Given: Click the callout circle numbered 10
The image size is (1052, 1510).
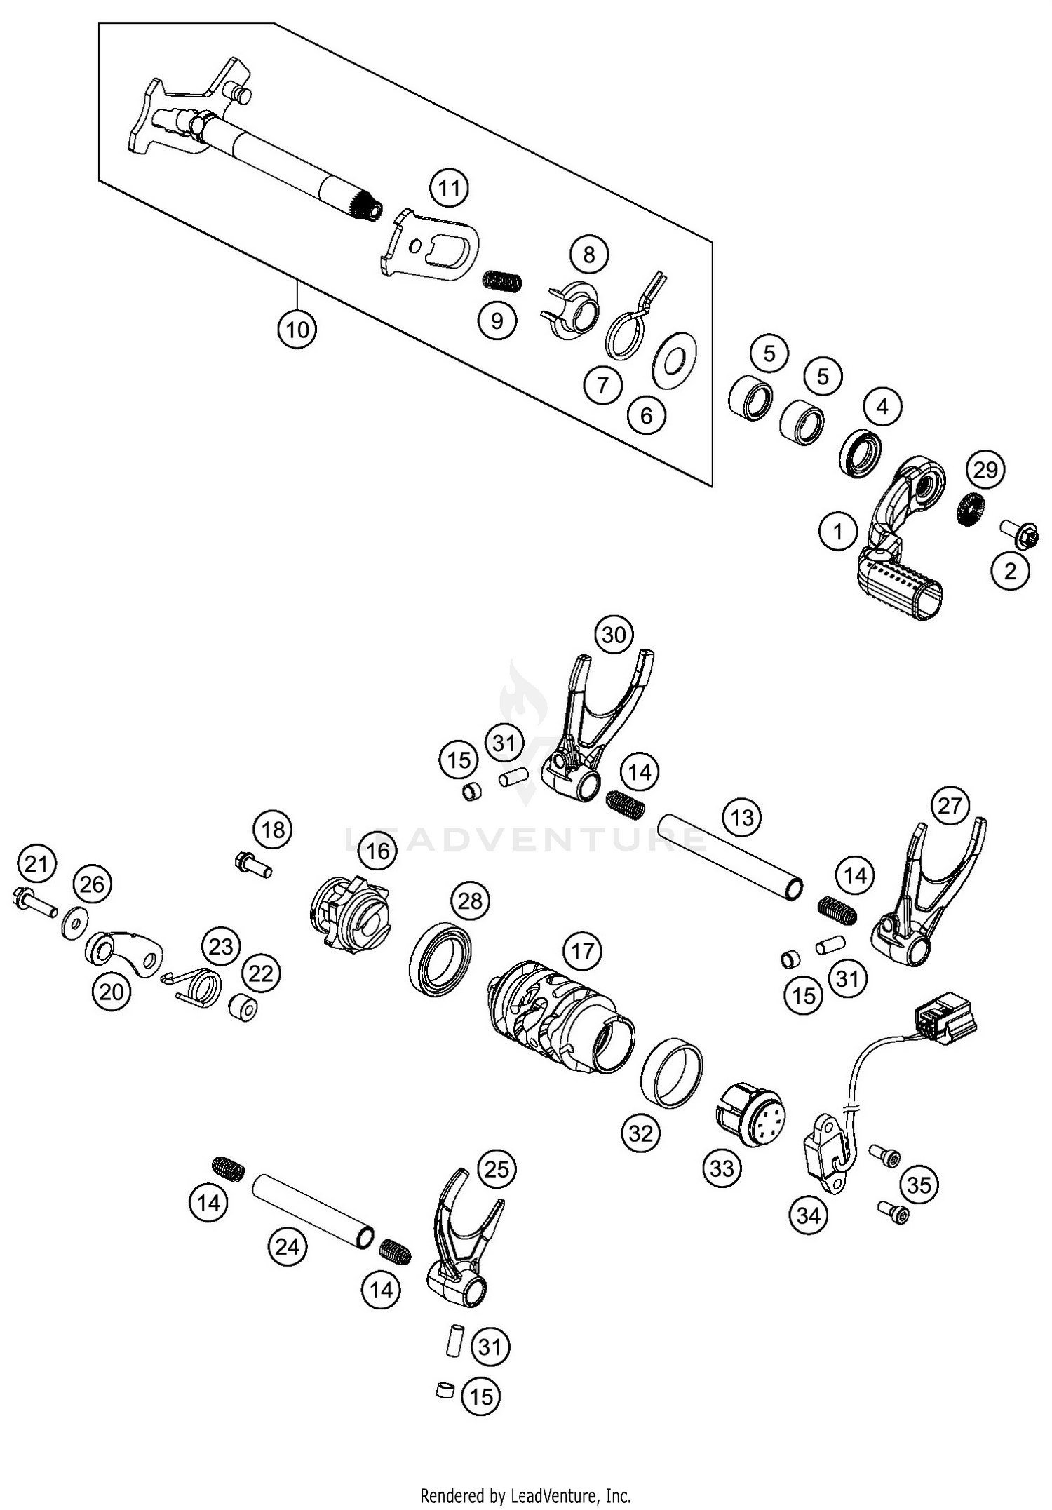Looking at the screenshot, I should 297,329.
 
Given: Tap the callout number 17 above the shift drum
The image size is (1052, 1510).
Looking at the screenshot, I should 582,951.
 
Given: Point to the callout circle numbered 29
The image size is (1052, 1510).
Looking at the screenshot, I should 985,469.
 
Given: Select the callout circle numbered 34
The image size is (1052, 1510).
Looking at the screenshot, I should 808,1215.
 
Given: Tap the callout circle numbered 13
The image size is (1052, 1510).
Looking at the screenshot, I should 742,817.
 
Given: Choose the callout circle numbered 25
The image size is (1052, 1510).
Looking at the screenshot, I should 497,1169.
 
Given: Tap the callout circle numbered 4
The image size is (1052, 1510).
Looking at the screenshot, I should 882,406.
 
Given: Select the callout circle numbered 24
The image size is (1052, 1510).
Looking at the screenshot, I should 288,1246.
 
